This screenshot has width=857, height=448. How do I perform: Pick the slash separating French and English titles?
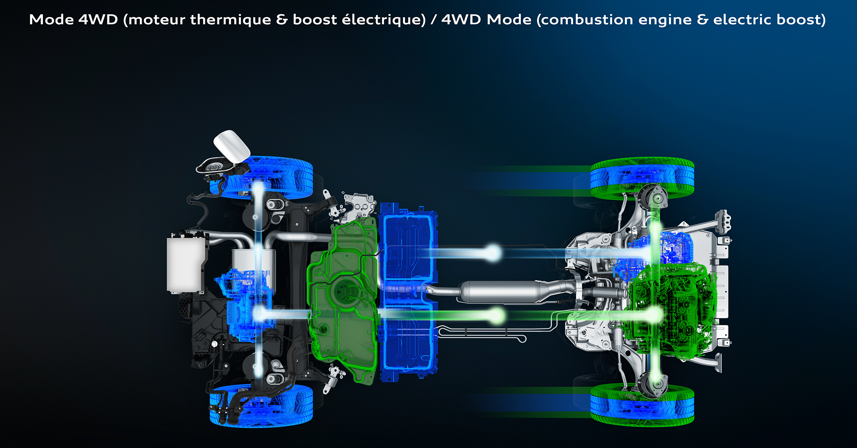tap(434, 19)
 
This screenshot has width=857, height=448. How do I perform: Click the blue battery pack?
tap(408, 291)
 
